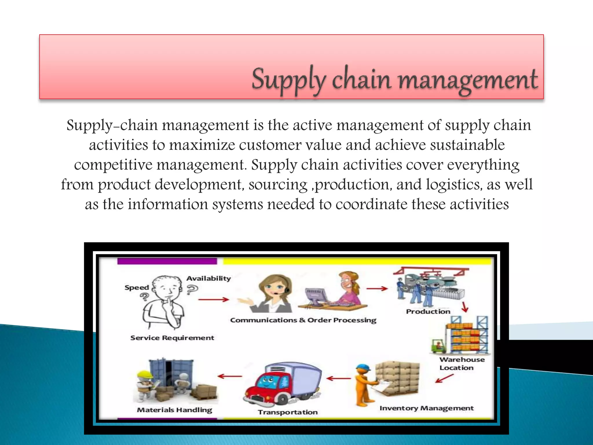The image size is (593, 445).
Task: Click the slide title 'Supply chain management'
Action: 395,79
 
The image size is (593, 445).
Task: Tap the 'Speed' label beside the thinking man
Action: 136,288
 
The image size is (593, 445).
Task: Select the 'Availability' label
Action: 208,278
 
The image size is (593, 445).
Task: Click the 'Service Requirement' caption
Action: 172,338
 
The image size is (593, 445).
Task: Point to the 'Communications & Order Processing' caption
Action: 303,320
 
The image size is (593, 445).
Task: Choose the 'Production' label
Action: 428,311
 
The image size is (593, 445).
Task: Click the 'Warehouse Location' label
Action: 462,364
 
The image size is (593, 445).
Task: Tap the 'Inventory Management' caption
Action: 427,408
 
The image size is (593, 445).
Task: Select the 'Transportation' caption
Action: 288,412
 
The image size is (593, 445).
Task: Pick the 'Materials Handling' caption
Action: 175,410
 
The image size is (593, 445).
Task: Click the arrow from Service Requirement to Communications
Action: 214,300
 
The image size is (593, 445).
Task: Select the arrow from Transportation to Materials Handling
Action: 230,376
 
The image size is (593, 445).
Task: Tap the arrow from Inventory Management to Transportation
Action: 338,378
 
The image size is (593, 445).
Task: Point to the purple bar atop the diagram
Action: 167,261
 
